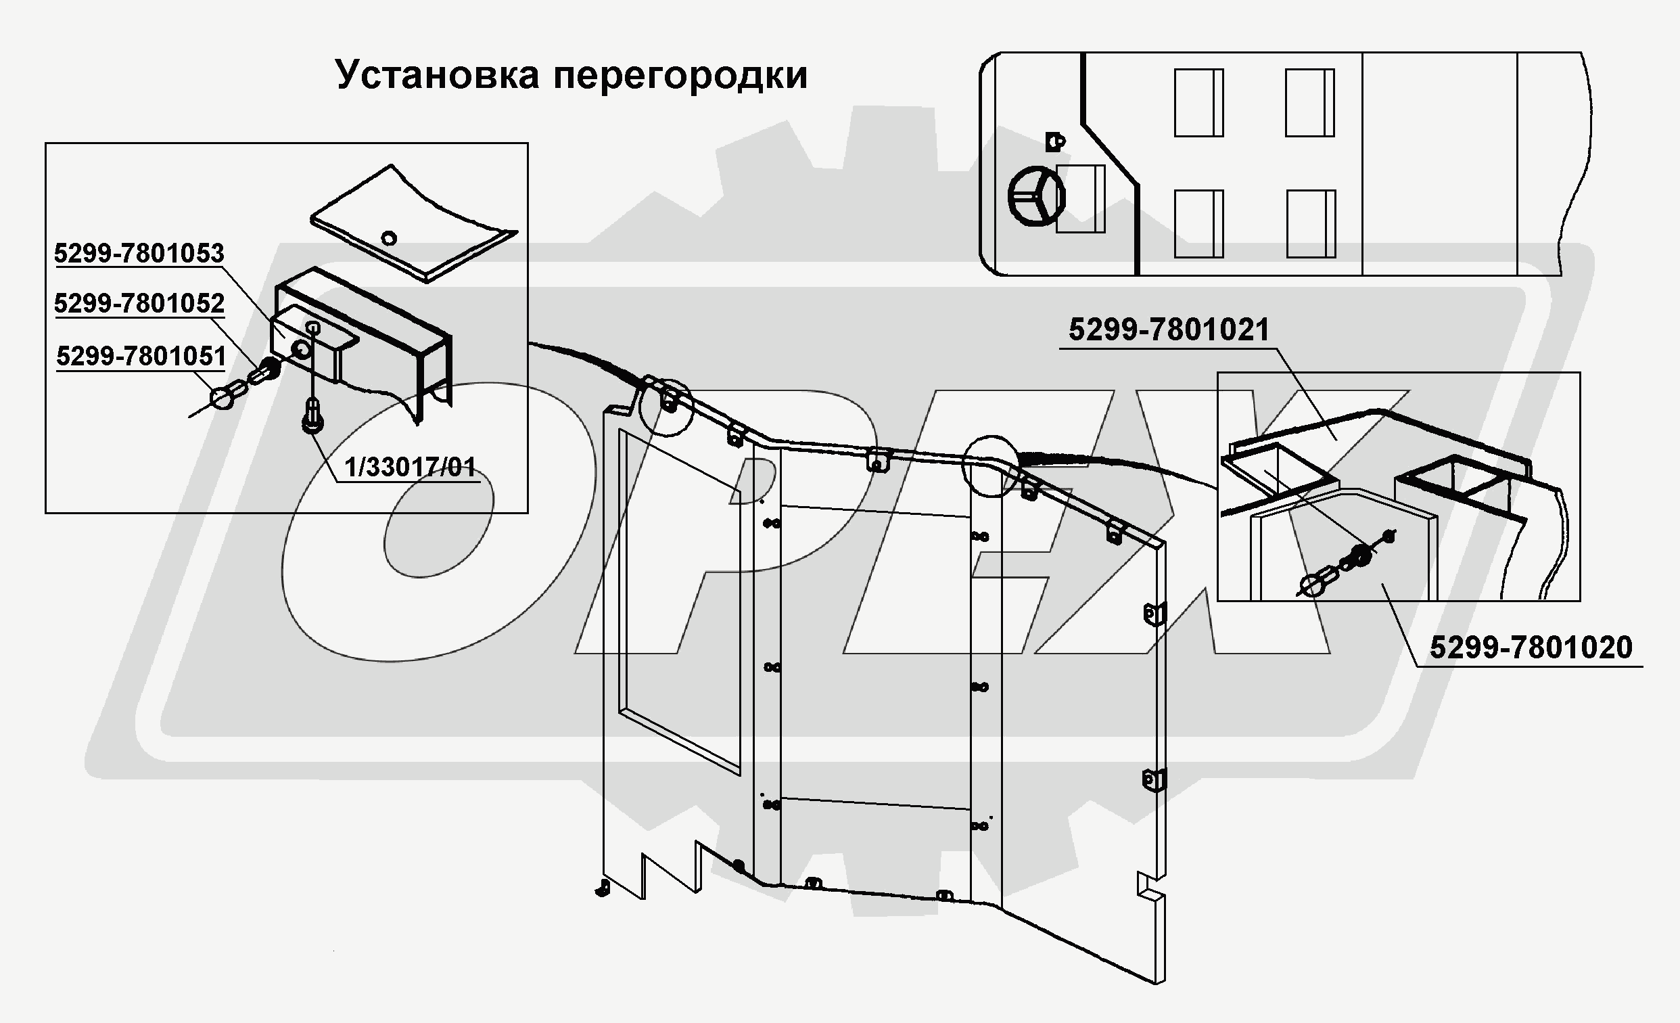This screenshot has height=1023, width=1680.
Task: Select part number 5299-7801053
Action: [139, 254]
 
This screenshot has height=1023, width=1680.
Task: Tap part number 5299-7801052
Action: [139, 304]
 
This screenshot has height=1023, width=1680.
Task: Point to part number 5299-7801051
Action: [141, 356]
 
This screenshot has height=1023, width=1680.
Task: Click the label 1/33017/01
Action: [410, 468]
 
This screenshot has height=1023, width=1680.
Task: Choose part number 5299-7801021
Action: [1168, 331]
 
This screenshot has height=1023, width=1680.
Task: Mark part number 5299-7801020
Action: [1531, 647]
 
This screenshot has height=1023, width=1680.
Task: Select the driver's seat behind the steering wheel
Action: [1080, 198]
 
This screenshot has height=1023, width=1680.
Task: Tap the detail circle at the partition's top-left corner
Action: [666, 406]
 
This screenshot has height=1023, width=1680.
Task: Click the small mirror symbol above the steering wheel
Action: [1054, 142]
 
